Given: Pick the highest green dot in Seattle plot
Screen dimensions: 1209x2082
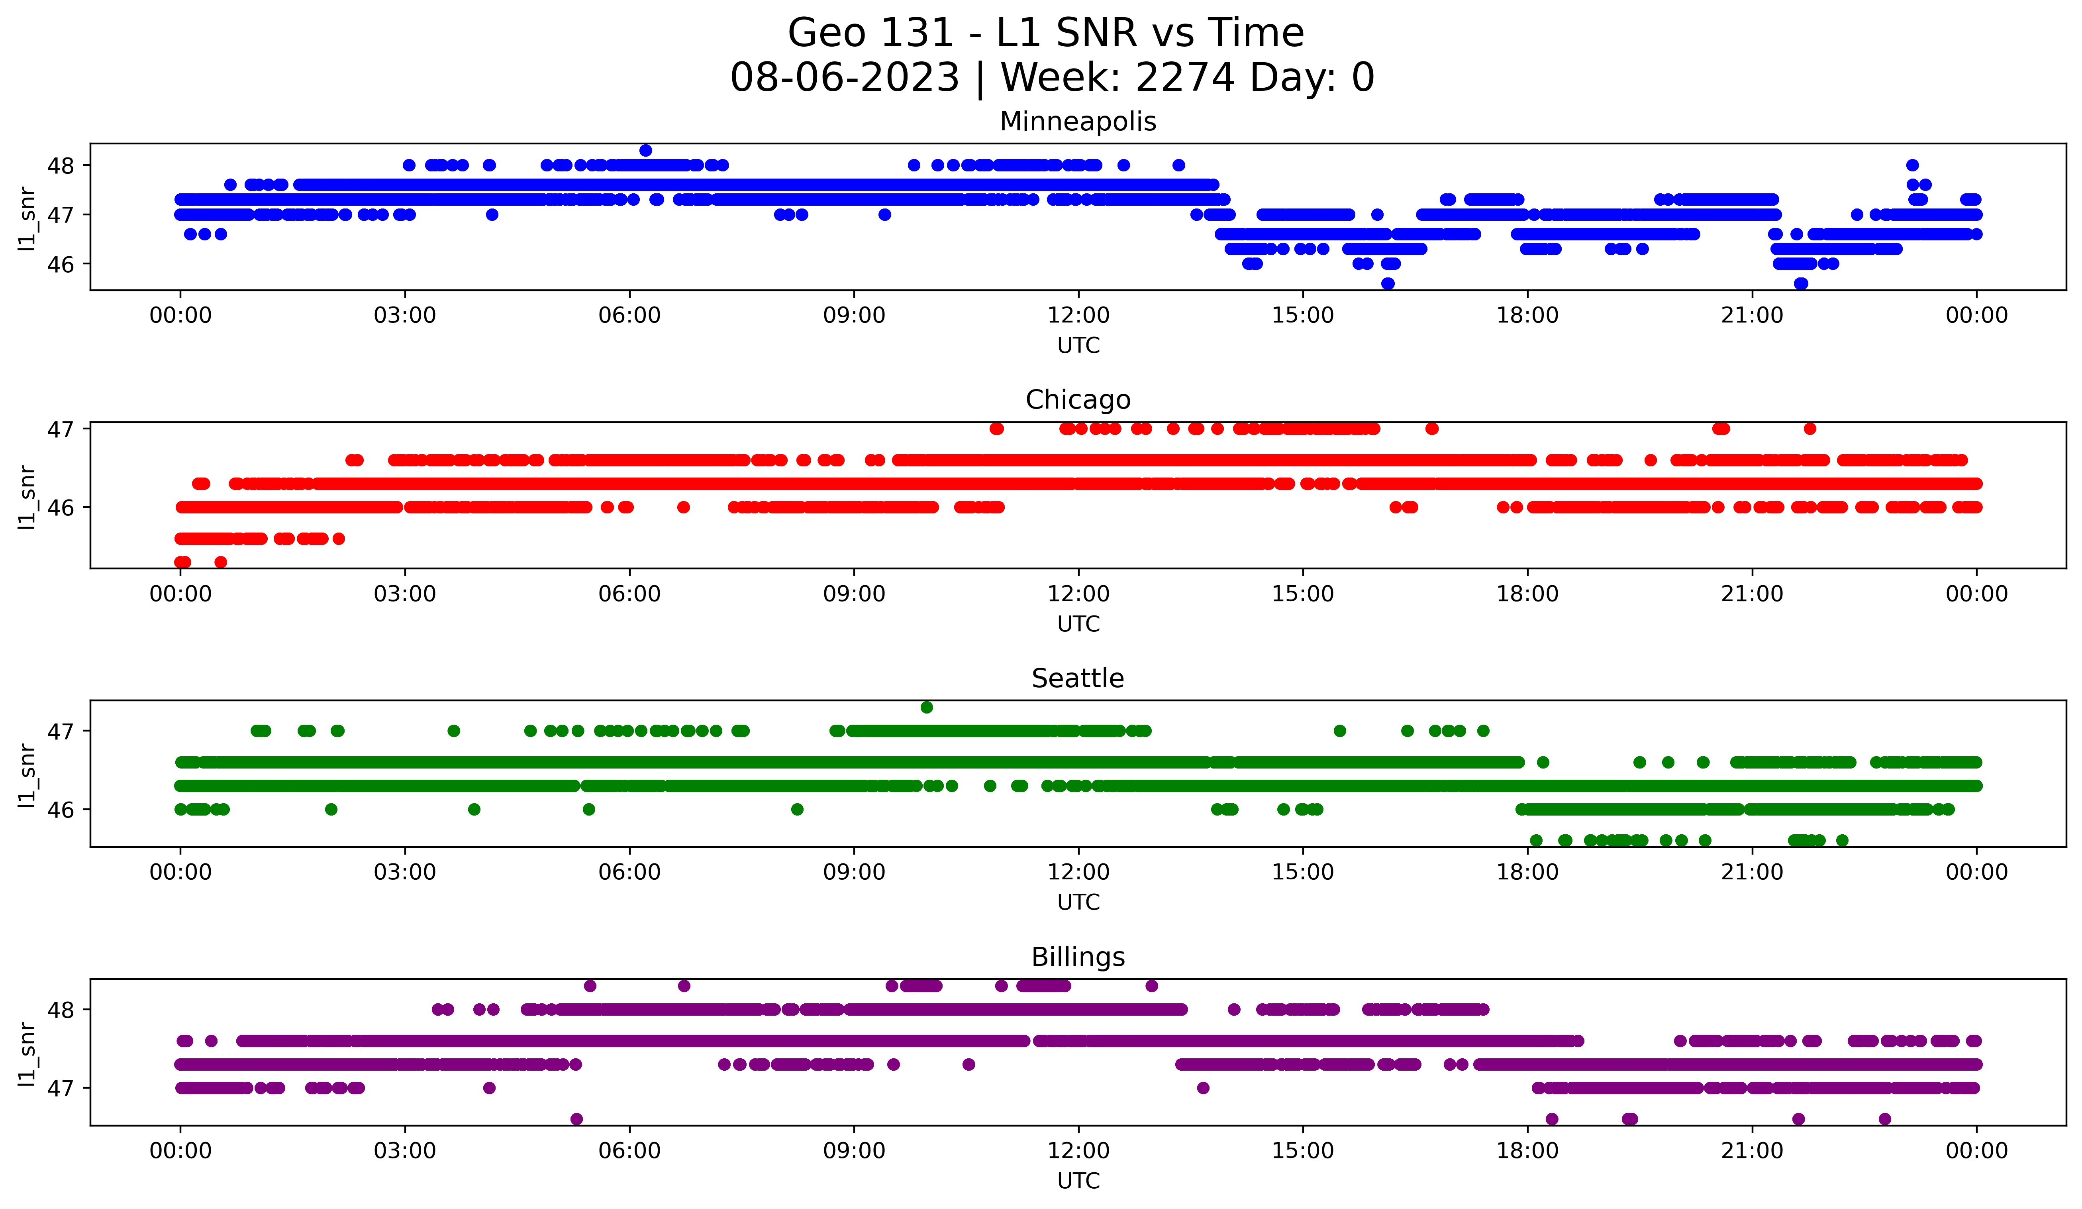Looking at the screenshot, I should [x=927, y=708].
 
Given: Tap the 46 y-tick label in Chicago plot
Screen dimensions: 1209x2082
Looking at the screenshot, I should [x=60, y=507].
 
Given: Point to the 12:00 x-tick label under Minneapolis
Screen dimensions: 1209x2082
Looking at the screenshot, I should [x=1078, y=316].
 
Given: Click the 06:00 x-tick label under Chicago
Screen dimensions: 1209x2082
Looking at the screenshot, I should [x=629, y=594].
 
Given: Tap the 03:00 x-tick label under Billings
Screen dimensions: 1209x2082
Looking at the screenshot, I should [x=405, y=1151].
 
